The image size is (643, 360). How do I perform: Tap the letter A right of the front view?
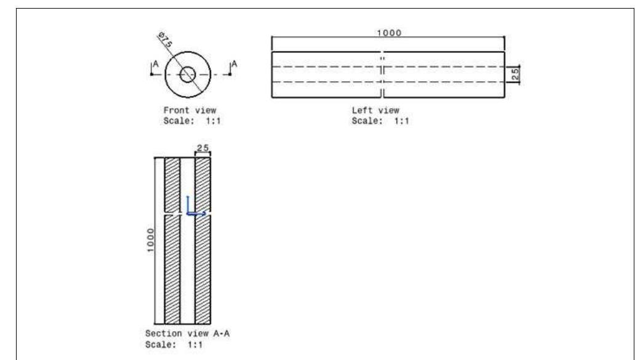234,64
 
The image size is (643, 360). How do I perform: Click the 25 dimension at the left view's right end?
516,74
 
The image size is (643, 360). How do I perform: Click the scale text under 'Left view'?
380,120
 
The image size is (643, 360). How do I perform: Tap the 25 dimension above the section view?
202,148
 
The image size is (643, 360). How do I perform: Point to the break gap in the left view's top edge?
383,52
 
